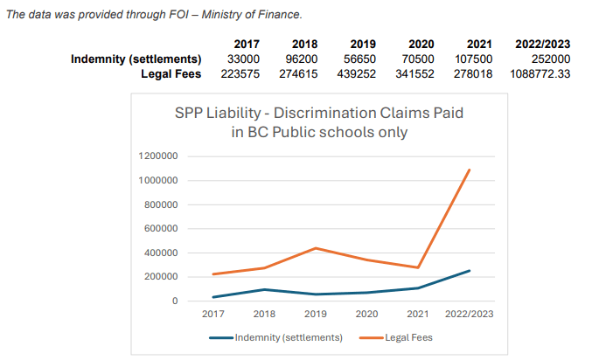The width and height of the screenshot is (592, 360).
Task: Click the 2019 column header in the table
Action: [x=363, y=44]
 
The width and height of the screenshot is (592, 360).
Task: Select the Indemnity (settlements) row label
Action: [x=136, y=59]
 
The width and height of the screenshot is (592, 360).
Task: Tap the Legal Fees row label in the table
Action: [x=171, y=74]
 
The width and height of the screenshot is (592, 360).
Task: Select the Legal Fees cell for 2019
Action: [x=357, y=74]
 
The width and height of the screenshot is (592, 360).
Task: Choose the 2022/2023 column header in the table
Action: [x=542, y=44]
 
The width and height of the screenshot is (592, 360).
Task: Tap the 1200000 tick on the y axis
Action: [x=159, y=156]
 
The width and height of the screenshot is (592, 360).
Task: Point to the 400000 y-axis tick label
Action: [x=162, y=253]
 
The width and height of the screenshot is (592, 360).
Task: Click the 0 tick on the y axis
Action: [x=176, y=301]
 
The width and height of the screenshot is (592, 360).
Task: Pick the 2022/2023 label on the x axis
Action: [x=470, y=314]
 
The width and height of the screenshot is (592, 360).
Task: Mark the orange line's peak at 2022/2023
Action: [x=470, y=170]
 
